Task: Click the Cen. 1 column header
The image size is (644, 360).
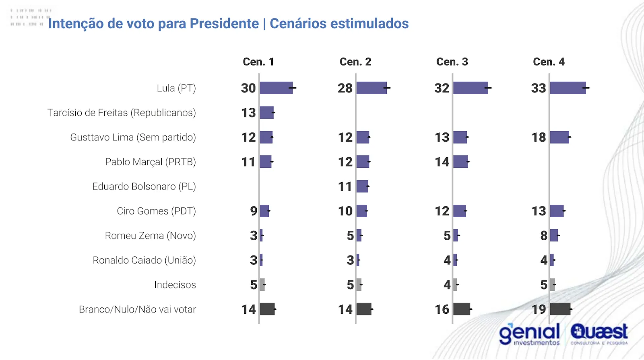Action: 258,62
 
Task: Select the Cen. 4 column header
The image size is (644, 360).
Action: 549,62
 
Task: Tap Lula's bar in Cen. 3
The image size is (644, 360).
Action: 471,88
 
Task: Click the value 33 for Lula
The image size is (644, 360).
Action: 539,88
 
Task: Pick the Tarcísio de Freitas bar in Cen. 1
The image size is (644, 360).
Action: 266,113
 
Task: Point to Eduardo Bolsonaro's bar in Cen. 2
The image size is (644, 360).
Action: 362,186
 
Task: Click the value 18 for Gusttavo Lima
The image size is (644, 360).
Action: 539,137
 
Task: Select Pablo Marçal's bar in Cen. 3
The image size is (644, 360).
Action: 461,162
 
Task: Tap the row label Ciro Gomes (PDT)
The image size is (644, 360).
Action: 156,211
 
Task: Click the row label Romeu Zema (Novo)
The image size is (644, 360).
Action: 150,236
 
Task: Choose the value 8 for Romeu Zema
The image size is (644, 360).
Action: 544,236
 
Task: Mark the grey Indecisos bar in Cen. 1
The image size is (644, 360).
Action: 262,285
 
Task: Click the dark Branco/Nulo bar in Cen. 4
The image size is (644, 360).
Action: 560,309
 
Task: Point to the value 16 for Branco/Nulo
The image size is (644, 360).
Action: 442,309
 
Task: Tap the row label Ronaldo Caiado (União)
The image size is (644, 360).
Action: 144,260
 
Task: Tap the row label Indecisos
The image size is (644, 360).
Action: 175,285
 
